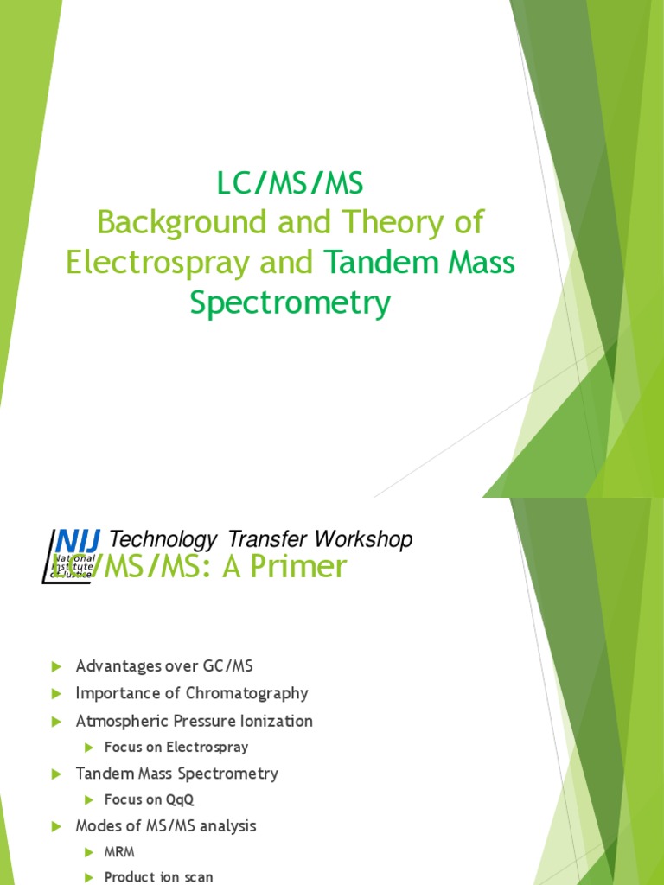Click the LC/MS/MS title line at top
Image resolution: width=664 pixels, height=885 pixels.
tap(290, 183)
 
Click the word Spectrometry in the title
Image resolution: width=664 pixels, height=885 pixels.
tap(290, 303)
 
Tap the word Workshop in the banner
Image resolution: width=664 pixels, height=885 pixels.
tap(363, 540)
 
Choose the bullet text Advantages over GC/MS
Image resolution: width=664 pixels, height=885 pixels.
tap(164, 666)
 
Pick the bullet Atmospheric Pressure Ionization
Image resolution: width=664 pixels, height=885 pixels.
tap(194, 721)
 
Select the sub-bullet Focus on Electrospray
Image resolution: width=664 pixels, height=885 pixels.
tap(176, 747)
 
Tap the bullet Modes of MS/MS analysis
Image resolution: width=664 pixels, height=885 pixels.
tap(166, 826)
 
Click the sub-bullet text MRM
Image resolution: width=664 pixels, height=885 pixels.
tap(119, 852)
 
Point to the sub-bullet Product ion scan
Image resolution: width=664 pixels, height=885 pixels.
tap(158, 876)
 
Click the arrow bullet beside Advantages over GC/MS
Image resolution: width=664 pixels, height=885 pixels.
tap(56, 666)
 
